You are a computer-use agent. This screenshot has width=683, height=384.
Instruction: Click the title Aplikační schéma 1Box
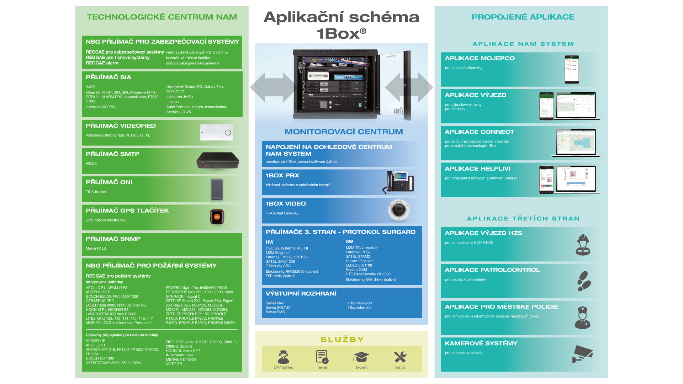pos(341,25)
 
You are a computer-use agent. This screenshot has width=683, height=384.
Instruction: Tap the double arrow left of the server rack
pos(272,87)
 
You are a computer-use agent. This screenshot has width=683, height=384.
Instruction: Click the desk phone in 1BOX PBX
pos(399,182)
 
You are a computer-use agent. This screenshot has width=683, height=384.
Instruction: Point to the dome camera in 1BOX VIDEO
pos(398,210)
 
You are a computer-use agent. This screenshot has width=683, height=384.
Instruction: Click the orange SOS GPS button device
pos(217,217)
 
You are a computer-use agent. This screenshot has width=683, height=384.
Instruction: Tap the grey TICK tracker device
pos(217,190)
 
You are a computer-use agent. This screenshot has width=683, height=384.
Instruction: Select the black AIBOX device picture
pos(217,161)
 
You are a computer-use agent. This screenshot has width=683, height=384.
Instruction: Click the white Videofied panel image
pos(216,132)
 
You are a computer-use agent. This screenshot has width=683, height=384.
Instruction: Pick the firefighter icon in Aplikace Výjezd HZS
pos(583,245)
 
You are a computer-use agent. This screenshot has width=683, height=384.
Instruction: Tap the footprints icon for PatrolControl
pos(584,281)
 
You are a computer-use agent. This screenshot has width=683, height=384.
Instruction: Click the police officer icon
pos(582,318)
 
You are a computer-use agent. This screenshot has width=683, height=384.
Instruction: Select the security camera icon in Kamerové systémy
pos(582,354)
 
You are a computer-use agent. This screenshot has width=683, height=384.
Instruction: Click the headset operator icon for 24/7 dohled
pos(283,357)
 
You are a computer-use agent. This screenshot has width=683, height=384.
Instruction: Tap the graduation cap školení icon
pos(361,357)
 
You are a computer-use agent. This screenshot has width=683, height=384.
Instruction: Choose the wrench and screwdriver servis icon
pos(400,357)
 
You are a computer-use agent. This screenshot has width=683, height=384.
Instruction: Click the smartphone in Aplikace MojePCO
pos(572,69)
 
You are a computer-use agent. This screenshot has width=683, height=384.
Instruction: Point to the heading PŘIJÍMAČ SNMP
pos(113,239)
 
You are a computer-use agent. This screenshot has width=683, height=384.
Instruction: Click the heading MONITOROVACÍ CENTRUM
pos(344,132)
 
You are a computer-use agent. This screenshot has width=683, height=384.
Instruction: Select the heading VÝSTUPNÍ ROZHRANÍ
pos(301,294)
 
